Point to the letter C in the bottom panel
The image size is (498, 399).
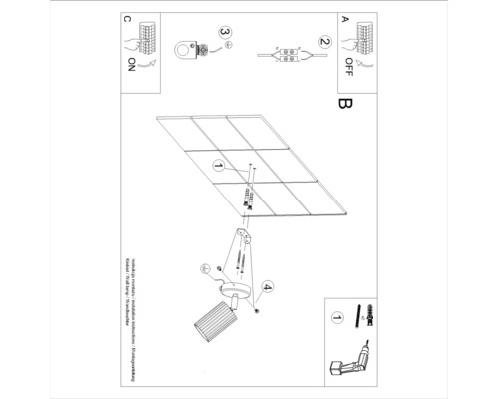click(125, 20)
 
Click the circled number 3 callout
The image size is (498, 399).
click(225, 34)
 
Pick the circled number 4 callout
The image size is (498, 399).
click(267, 290)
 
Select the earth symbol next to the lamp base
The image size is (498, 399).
click(206, 266)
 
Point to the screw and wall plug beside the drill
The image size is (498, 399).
click(370, 317)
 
